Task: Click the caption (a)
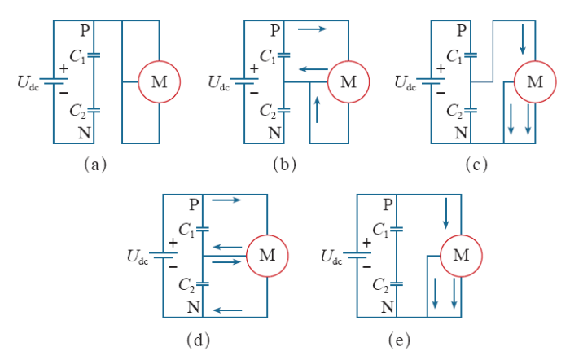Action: click(x=95, y=165)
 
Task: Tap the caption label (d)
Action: click(x=198, y=340)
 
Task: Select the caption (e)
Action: click(x=399, y=340)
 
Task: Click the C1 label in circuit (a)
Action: click(x=77, y=57)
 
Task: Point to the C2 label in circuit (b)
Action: click(x=268, y=111)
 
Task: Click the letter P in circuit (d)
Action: click(x=194, y=204)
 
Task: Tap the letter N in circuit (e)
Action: click(x=388, y=307)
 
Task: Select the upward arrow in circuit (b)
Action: click(x=318, y=109)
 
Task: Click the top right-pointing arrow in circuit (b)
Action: click(x=312, y=29)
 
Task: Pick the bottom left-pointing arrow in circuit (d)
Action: click(x=227, y=310)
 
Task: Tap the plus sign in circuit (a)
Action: click(x=64, y=68)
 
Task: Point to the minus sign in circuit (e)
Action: click(x=367, y=267)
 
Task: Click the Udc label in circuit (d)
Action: click(x=138, y=257)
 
